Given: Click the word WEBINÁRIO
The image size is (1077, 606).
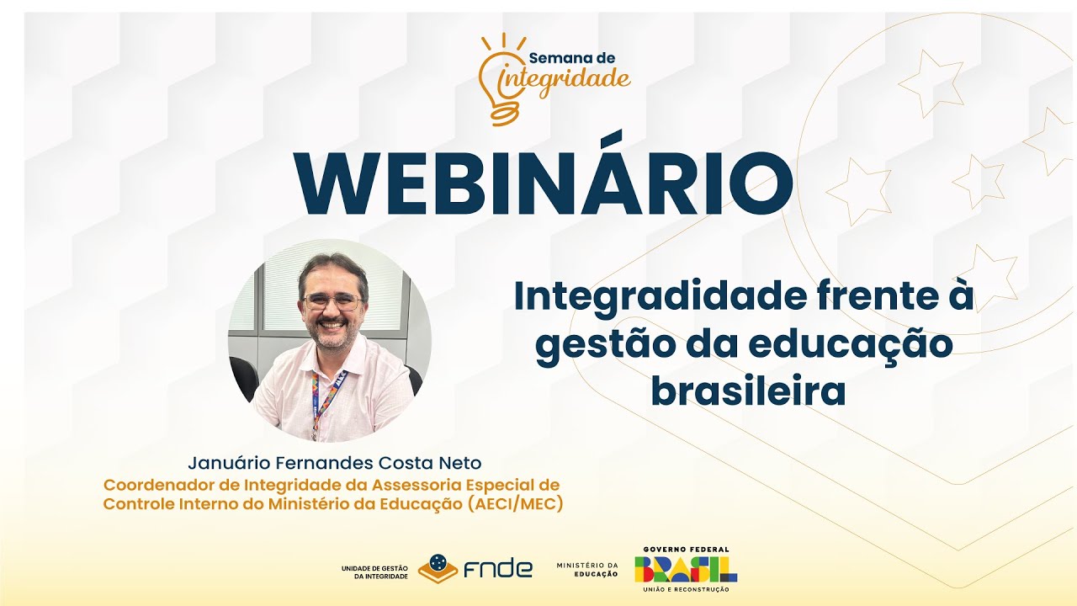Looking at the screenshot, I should (543, 183).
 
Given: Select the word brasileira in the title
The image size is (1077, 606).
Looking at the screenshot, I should (747, 391).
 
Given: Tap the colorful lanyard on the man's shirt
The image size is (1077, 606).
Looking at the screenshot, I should (324, 400).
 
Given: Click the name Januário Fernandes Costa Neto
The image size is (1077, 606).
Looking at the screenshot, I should (335, 463).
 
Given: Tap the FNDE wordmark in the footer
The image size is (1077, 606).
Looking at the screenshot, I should (498, 569).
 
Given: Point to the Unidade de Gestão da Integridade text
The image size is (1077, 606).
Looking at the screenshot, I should (374, 571).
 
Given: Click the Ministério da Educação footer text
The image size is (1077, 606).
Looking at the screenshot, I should (586, 569).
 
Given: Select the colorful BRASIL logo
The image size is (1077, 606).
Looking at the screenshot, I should (686, 569).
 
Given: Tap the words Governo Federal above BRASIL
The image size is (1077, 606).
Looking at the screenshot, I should (686, 550).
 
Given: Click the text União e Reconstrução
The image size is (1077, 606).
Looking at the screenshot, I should (686, 588).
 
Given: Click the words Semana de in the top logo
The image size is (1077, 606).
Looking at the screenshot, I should (572, 58).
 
